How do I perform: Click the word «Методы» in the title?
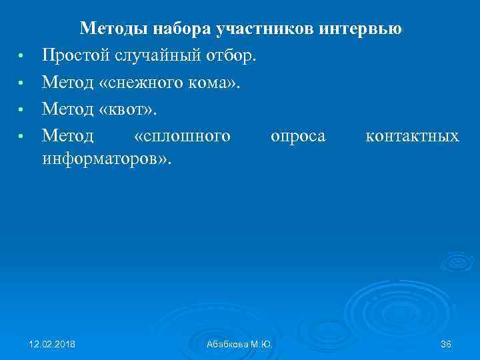tap(114, 29)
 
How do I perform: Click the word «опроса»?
tap(298, 136)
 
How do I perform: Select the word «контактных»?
tap(412, 136)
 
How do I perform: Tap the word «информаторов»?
tap(103, 159)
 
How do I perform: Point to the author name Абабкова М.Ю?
tap(239, 344)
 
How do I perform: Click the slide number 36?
tap(446, 343)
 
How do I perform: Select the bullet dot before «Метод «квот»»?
tap(21, 111)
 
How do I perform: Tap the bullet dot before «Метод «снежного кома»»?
tap(21, 84)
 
